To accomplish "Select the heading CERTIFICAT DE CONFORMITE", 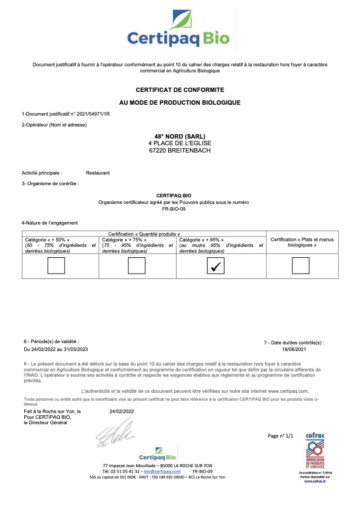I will pos(180,89).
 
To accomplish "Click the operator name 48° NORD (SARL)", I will pos(180,136).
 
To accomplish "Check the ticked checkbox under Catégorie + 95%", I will pos(215,266).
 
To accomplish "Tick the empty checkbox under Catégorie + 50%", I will pos(56,266).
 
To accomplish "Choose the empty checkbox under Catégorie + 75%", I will pos(136,266).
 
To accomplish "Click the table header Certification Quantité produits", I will pos(144,234).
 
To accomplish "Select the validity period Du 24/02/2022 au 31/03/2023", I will pos(56,349).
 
